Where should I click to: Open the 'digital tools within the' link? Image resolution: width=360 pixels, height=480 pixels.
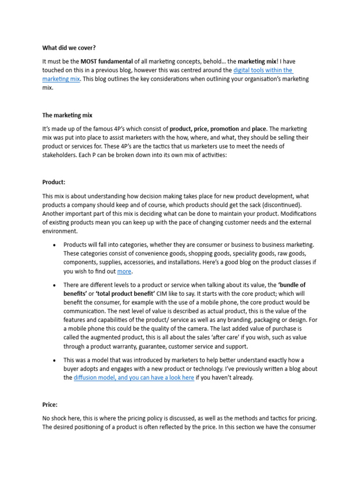click(x=263, y=70)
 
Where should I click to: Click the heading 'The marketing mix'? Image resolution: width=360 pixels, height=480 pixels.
click(x=67, y=115)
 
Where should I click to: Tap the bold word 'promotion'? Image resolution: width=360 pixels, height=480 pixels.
click(x=225, y=129)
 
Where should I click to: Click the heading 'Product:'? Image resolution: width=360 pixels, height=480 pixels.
click(x=54, y=183)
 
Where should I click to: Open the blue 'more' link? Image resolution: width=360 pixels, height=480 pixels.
click(x=124, y=271)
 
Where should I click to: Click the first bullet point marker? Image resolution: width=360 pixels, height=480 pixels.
click(x=54, y=245)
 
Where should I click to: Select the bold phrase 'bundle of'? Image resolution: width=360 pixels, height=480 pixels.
click(x=292, y=285)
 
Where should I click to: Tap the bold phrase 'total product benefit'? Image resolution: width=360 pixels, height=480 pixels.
click(x=112, y=294)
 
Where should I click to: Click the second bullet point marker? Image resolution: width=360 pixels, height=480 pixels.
click(x=54, y=285)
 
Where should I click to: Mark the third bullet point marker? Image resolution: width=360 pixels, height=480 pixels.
click(x=54, y=360)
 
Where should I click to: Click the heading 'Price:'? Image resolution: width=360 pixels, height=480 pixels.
click(x=50, y=404)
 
